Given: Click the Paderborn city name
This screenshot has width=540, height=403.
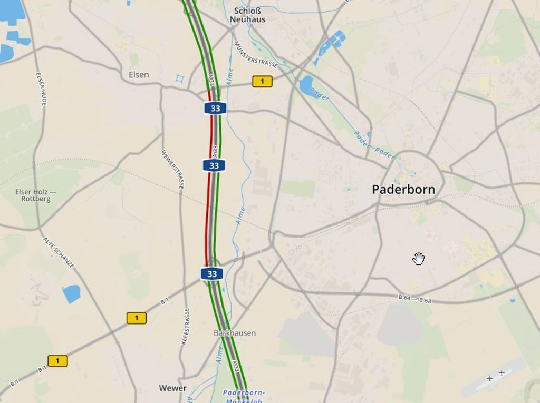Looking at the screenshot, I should tap(403, 190).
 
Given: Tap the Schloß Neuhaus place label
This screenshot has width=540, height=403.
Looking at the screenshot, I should tap(247, 15).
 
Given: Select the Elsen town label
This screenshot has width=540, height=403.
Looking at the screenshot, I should tap(139, 75).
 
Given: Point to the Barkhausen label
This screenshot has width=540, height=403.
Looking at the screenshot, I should tap(235, 333).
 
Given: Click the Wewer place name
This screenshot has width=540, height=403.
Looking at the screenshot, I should tap(172, 388).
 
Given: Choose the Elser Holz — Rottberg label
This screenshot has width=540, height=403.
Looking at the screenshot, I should tap(36, 195).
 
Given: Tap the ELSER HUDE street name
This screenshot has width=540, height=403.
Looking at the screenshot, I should tap(42, 88).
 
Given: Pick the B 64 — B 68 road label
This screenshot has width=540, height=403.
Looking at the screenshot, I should tap(414, 300).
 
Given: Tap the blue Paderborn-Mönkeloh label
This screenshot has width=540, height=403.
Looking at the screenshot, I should tap(244, 396).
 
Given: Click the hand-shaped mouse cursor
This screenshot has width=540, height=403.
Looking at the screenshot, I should tap(419, 258).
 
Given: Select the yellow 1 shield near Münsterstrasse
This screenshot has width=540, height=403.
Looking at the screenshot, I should tap(262, 81).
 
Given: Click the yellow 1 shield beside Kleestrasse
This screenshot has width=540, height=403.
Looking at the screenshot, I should tap(137, 318).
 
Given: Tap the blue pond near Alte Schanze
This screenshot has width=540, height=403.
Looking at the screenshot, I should tap(71, 293).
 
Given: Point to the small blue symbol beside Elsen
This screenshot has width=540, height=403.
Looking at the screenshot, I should tap(180, 79).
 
